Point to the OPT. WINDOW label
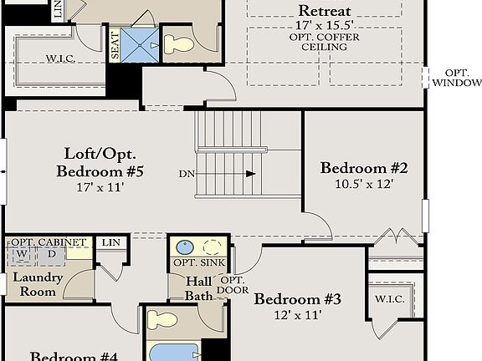tap(457, 78)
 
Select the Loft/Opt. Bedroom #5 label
tap(100, 163)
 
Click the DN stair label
tap(186, 174)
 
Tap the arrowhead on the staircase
tap(250, 174)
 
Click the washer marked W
tap(19, 253)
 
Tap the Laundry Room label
tap(33, 286)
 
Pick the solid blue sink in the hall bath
tap(185, 247)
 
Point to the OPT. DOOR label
tap(233, 285)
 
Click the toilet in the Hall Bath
tap(162, 319)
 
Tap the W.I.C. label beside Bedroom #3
tap(390, 298)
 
